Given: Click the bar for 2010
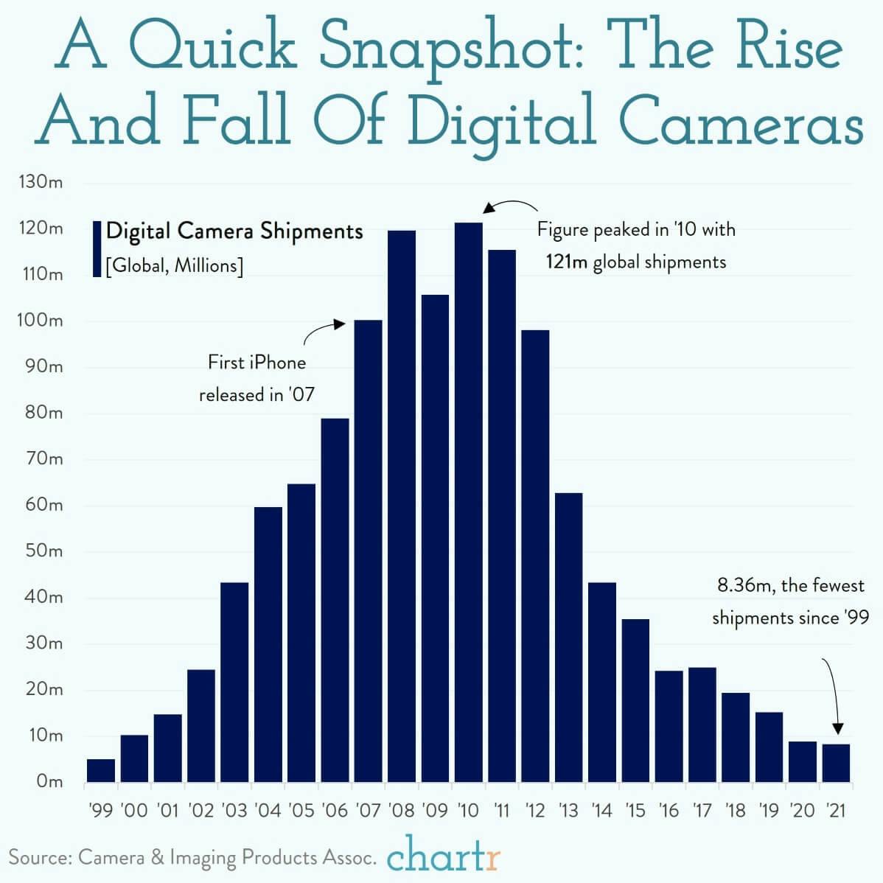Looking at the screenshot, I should [468, 501].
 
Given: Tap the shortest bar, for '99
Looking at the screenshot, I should [101, 770].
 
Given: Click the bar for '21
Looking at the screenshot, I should [836, 763].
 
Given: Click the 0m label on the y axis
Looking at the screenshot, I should [49, 781].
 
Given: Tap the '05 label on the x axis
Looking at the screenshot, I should [301, 811].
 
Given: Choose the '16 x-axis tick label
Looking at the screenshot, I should [668, 811].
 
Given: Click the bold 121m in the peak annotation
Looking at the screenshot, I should [566, 262].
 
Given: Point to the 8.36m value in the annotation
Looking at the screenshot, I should [744, 586].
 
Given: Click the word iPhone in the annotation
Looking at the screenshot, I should [277, 363].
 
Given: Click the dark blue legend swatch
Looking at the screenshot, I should [97, 248].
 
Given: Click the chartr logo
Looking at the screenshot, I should [443, 857].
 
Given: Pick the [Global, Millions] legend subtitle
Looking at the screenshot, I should [174, 265].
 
